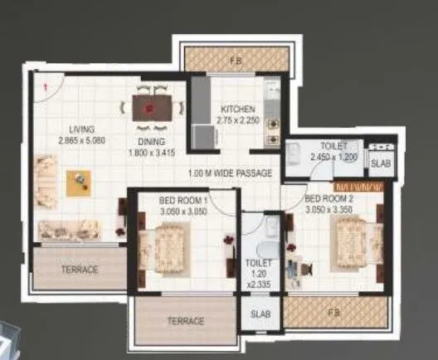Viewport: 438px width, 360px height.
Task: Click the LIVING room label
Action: point(81,129)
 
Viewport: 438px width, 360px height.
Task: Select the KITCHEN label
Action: point(237,109)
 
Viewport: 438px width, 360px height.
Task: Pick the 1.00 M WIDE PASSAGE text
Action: point(230,173)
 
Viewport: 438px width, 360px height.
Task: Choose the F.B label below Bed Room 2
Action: point(335,314)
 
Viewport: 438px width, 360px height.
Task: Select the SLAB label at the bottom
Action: point(259,315)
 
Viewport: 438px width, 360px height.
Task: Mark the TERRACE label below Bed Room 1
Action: point(185,321)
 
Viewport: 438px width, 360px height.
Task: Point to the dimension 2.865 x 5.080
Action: point(81,141)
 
